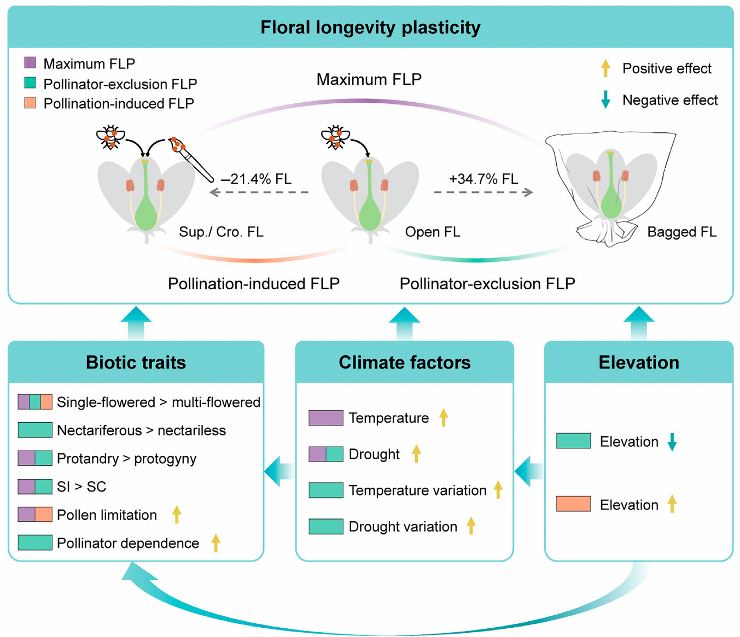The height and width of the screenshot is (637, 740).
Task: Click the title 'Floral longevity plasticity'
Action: point(370,27)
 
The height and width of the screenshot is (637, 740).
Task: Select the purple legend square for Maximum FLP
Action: point(30,62)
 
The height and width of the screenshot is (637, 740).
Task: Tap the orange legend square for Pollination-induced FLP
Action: point(30,103)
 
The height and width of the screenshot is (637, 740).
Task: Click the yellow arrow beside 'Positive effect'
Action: point(605,68)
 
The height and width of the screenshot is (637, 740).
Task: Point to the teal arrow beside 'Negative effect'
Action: point(605,100)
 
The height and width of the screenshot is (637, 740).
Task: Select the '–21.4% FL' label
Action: point(256,179)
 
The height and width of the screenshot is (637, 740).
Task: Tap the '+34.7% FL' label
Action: point(483,179)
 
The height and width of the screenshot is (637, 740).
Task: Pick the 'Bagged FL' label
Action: point(681,232)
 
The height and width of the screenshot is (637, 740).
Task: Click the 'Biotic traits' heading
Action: point(136,362)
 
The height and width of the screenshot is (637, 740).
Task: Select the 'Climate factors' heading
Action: point(404,362)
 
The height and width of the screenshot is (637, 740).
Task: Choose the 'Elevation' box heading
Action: point(638,362)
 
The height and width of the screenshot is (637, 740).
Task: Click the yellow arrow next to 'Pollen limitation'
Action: point(177,514)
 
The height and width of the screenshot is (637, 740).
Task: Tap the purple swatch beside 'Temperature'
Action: point(326,418)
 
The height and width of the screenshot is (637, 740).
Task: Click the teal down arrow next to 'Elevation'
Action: point(672,441)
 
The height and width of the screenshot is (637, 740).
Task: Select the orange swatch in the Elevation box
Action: point(573,504)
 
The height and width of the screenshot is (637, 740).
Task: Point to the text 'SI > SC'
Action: point(81,487)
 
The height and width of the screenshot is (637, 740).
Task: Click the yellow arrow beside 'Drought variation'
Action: point(471,526)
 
